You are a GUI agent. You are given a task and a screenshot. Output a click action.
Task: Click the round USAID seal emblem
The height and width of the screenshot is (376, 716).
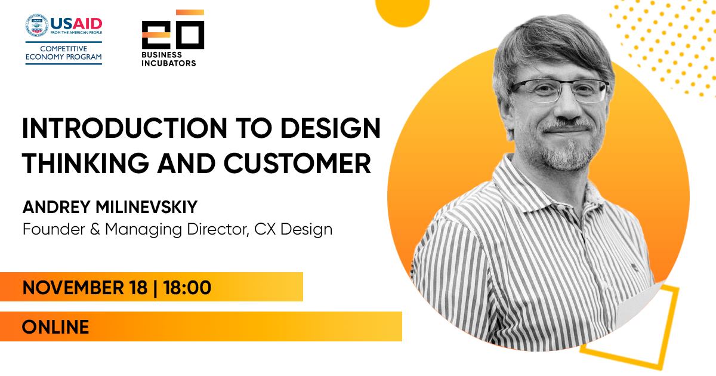(37, 25)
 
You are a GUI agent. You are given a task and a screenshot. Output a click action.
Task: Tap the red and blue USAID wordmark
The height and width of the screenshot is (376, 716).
(76, 24)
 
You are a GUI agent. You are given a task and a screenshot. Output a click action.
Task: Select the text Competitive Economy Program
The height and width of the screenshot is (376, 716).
(64, 53)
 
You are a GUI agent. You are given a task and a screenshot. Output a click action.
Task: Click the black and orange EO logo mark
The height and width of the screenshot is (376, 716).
(173, 29)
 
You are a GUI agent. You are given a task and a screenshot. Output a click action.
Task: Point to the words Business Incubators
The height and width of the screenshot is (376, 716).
(169, 59)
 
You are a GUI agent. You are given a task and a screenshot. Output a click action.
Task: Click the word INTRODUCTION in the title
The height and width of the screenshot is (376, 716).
(125, 128)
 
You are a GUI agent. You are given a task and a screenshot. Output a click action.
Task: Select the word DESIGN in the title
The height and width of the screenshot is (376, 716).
(331, 128)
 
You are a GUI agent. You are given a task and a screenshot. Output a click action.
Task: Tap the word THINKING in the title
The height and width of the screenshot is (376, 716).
(86, 164)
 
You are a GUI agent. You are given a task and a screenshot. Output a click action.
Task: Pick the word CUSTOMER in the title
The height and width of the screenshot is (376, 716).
(297, 164)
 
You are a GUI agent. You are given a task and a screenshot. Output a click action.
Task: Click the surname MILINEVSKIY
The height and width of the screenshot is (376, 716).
(147, 207)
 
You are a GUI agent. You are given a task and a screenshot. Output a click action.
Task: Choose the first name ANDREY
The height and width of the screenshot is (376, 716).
(57, 207)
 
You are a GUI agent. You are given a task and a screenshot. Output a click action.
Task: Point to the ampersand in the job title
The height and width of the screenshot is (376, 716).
(95, 229)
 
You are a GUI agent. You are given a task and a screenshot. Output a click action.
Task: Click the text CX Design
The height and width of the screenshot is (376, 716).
(294, 230)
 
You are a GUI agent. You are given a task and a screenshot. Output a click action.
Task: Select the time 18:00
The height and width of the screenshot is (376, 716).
(187, 287)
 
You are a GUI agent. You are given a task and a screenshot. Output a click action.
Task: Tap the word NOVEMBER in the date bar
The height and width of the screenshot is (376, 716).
(73, 287)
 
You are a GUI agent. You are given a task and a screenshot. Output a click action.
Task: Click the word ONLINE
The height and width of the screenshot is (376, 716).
(55, 327)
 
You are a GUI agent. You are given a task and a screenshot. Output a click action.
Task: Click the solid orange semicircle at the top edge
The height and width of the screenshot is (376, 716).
(402, 13)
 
